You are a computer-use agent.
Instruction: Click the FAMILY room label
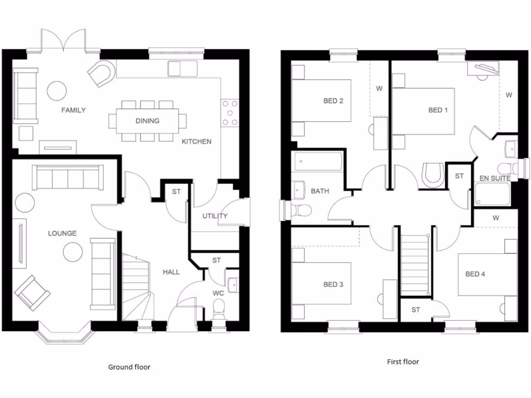[73, 110]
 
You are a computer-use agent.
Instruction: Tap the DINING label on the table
[147, 121]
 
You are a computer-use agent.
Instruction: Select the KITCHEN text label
[196, 141]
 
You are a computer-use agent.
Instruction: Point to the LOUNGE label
[62, 233]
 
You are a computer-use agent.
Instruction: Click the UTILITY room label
[215, 216]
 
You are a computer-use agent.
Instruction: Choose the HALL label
[171, 272]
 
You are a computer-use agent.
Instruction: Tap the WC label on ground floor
[218, 293]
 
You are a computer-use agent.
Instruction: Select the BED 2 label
[333, 101]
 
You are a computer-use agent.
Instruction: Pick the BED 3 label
[333, 284]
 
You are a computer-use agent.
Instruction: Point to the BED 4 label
[475, 274]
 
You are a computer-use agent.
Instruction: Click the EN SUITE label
[495, 178]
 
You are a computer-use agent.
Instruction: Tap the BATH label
[320, 191]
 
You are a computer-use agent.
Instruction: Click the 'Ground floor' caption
[129, 367]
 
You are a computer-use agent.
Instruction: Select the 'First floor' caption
[403, 362]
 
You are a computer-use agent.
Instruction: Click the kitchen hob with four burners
[230, 113]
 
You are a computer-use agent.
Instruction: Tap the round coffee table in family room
[57, 91]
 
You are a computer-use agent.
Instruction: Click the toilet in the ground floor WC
[219, 311]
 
